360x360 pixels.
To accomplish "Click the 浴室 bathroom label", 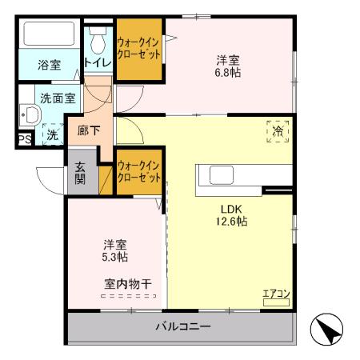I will pos(50,66).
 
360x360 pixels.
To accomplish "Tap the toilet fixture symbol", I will pos(98,40).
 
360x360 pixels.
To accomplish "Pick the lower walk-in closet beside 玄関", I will pos(139,170).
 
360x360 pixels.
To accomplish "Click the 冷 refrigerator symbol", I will pos(278,131).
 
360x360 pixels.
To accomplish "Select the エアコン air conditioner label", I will pos(276,294).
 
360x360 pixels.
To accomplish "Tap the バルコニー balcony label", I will pos(183,326).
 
